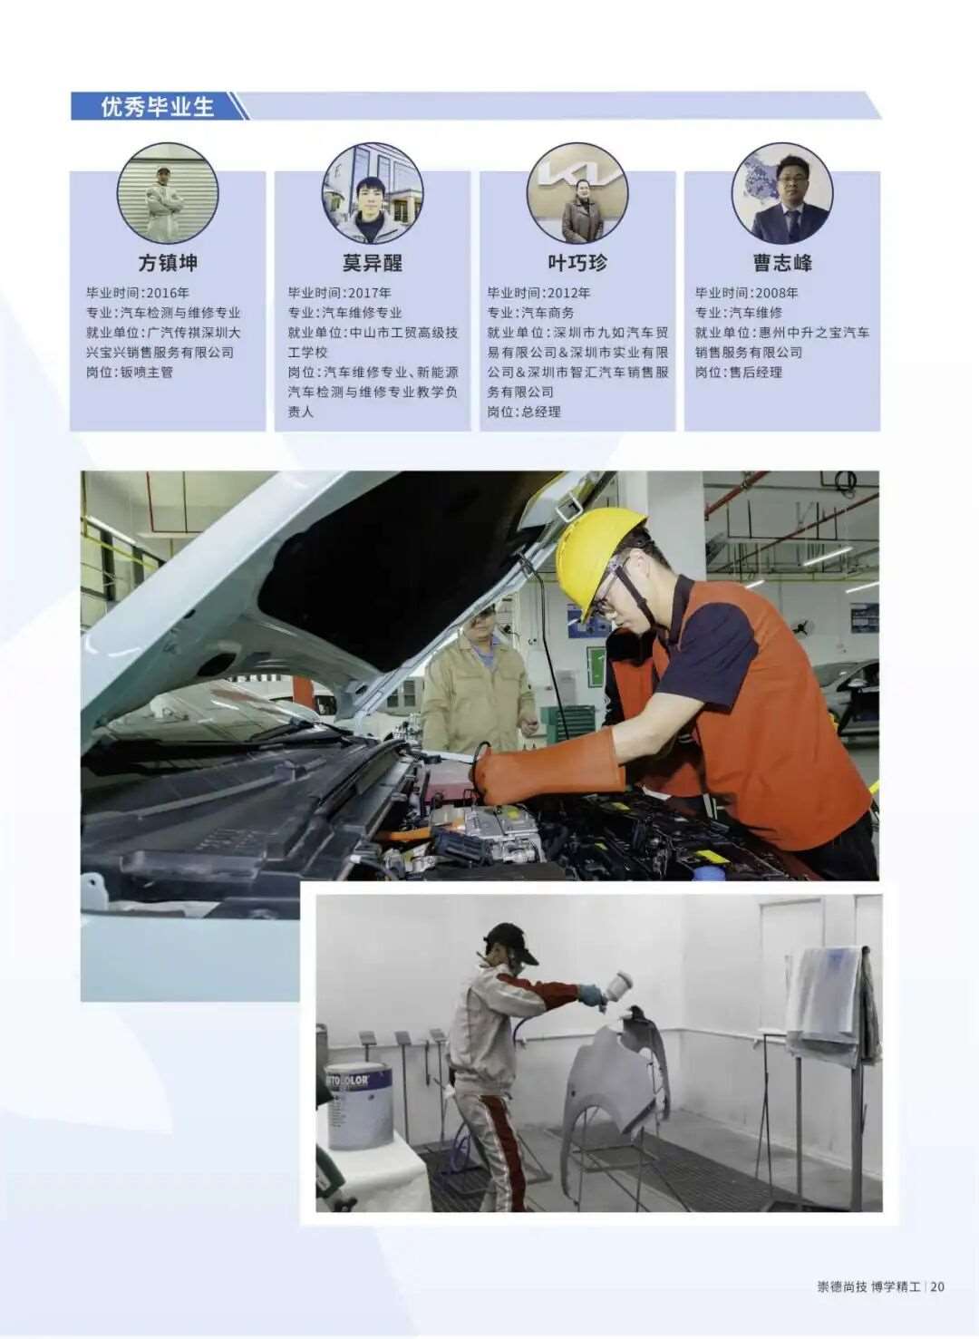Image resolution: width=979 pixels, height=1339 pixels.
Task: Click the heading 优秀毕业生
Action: pyautogui.click(x=157, y=107)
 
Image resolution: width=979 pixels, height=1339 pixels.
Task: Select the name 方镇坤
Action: pyautogui.click(x=168, y=263)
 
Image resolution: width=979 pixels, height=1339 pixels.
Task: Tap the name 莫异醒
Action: pyautogui.click(x=372, y=263)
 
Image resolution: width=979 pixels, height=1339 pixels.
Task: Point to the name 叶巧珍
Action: pyautogui.click(x=577, y=263)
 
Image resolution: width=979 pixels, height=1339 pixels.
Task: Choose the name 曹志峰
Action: pyautogui.click(x=781, y=263)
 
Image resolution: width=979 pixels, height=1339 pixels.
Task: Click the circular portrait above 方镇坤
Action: pyautogui.click(x=168, y=193)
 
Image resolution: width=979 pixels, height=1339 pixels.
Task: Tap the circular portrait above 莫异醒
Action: pyautogui.click(x=373, y=193)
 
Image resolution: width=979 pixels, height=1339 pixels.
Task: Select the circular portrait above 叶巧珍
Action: pyautogui.click(x=577, y=193)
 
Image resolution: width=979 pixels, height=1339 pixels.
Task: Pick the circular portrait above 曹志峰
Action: pyautogui.click(x=781, y=193)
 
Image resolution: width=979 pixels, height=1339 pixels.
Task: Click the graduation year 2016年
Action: pyautogui.click(x=168, y=293)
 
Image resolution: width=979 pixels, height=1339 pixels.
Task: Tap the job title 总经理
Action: pyautogui.click(x=541, y=412)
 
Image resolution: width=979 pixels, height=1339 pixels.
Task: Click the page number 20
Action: pyautogui.click(x=936, y=1286)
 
